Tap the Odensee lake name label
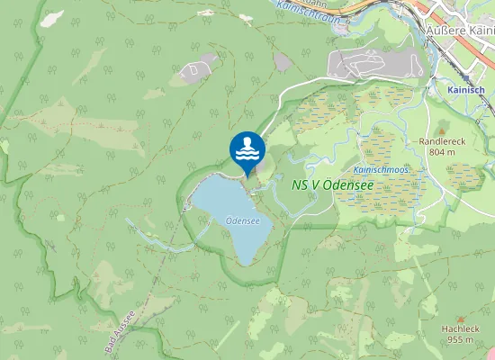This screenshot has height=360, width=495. [243, 219]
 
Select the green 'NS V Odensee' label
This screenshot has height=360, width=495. [333, 184]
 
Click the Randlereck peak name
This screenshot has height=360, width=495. [440, 141]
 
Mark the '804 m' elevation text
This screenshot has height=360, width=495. [440, 152]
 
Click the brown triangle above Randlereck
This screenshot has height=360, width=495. [440, 130]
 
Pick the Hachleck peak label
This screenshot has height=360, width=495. [460, 328]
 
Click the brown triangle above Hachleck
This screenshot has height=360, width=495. [460, 318]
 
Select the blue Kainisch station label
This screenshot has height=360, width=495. [466, 90]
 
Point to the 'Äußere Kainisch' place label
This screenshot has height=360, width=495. [459, 28]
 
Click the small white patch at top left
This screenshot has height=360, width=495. [54, 16]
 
